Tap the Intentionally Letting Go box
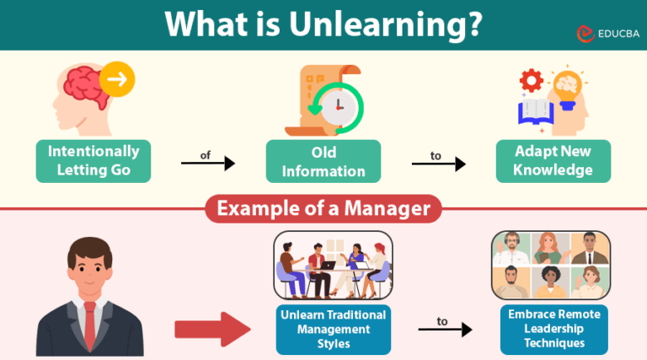94,161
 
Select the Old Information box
323,161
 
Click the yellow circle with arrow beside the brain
117,81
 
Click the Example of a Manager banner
323,208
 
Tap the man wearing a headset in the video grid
511,249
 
